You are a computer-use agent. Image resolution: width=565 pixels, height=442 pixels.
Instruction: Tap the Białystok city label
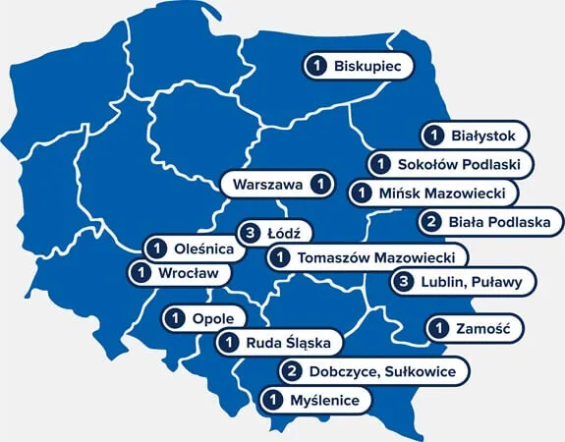point(477,135)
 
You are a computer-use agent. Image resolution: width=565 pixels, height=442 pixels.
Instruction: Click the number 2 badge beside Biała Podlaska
point(431,222)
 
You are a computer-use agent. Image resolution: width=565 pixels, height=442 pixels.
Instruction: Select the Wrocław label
point(179,273)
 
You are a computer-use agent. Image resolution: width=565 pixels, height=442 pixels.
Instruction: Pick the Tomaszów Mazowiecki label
point(366,257)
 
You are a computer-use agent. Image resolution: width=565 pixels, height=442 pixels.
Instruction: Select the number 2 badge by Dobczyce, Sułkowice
point(293,371)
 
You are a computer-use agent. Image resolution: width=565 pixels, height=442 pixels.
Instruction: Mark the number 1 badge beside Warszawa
point(319,184)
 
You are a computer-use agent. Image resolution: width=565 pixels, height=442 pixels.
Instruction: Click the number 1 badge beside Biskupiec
point(317,66)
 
